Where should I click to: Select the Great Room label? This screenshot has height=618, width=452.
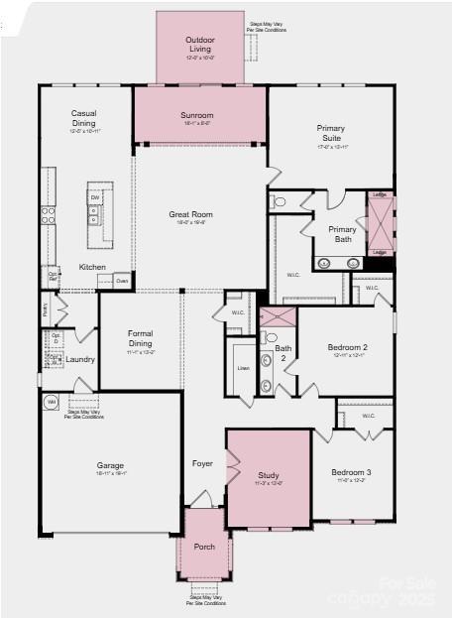(191, 214)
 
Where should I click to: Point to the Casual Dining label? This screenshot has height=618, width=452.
(83, 118)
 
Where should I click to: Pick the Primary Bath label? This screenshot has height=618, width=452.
(342, 234)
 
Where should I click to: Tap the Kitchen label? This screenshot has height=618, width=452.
(92, 267)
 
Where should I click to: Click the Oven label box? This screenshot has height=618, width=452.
(122, 281)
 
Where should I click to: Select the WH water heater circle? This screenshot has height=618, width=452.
(51, 402)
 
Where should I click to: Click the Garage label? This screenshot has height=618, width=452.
(110, 465)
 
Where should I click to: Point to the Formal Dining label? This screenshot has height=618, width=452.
(140, 337)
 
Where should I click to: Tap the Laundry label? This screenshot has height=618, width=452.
(81, 359)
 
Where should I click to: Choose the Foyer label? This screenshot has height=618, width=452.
(202, 463)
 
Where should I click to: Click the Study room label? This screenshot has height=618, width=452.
(269, 475)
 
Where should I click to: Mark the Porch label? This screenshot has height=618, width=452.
(204, 547)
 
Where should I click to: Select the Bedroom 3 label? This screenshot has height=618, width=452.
(351, 472)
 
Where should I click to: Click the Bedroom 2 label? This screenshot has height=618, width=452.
(347, 347)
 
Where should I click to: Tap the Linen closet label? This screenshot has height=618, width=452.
(244, 368)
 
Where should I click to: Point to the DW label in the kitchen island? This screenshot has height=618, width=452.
(96, 198)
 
